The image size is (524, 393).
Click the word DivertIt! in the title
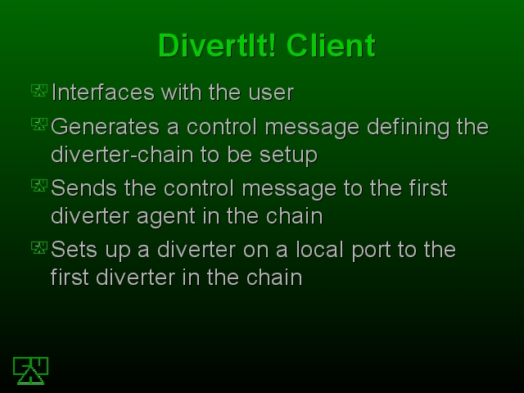[x=217, y=46]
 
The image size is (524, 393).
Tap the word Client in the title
[x=331, y=46]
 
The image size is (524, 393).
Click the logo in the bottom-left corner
[x=30, y=371]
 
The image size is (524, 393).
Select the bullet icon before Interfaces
[x=39, y=91]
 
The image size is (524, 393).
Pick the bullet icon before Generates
[x=39, y=124]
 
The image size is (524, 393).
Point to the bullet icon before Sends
[x=39, y=186]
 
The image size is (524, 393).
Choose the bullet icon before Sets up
[x=39, y=247]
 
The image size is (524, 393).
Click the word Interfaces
[x=103, y=92]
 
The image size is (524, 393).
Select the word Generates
[x=106, y=127]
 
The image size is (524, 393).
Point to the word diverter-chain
[x=122, y=155]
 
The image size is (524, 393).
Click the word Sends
[x=84, y=188]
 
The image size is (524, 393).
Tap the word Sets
[x=74, y=250]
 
